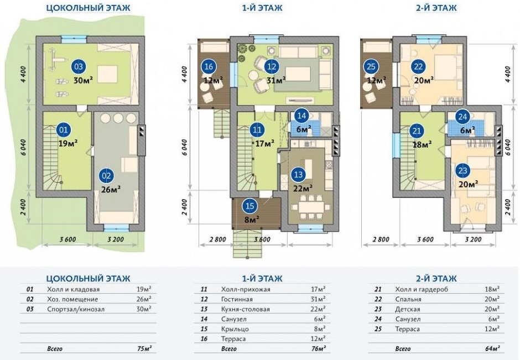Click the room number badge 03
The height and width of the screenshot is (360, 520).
pos(79,66)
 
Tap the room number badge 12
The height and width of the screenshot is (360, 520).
pos(271,66)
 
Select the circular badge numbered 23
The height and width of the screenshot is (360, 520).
pos(462,170)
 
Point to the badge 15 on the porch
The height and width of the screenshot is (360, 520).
pos(249,206)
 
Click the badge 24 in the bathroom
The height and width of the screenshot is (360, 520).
pos(462,117)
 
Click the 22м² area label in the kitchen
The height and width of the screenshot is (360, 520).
pos(303,187)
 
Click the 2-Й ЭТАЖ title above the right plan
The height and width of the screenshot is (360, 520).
pos(431,8)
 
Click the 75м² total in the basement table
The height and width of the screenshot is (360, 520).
pos(143,349)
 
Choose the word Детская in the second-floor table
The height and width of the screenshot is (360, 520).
pos(408,309)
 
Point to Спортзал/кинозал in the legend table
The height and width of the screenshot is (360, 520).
pos(72,309)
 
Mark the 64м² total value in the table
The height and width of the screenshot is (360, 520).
pos(492,349)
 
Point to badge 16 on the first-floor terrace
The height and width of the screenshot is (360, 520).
pos(208,67)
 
